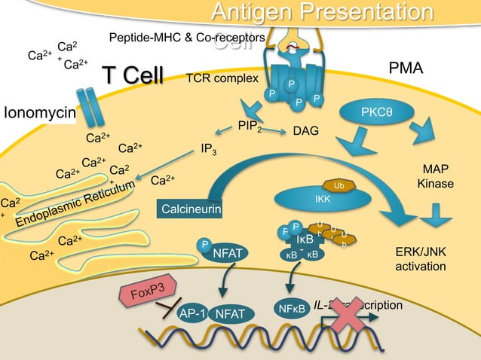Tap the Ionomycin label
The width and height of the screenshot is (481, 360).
[x=39, y=114]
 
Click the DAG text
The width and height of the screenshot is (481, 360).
[x=305, y=131]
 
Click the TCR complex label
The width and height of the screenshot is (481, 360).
[x=222, y=78]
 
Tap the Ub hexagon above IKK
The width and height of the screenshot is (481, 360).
[x=338, y=185]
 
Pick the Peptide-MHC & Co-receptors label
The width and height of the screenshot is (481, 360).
[x=186, y=38]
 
